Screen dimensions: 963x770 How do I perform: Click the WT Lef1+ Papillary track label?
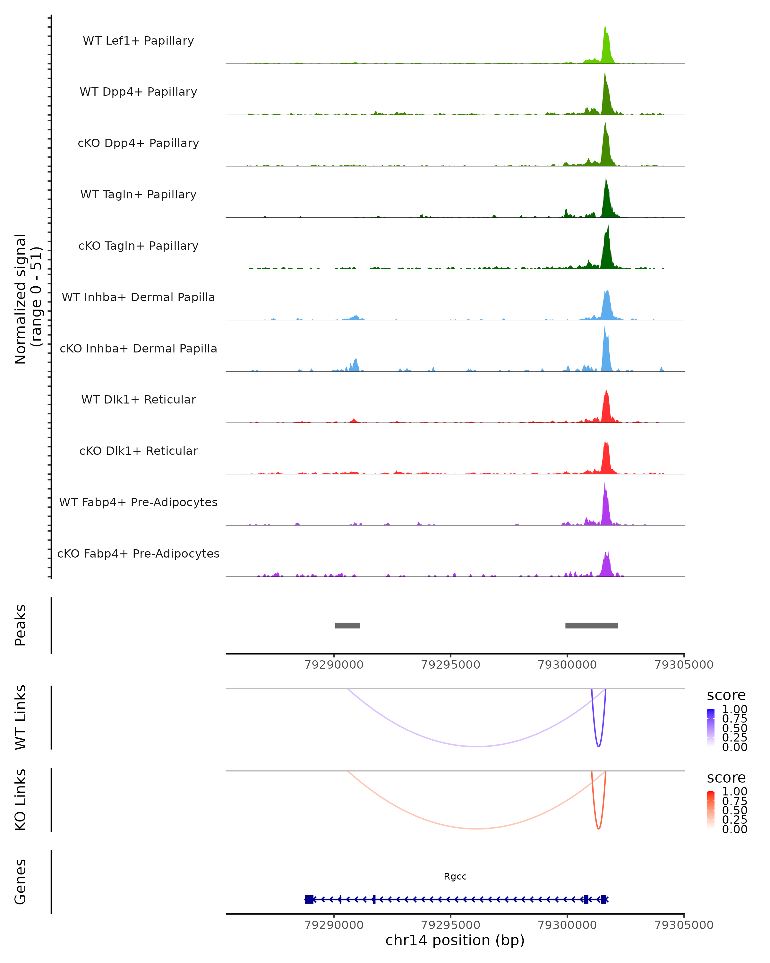pos(138,41)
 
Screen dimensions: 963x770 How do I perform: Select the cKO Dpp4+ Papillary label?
pos(138,143)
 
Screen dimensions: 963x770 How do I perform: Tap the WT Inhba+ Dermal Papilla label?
pos(138,297)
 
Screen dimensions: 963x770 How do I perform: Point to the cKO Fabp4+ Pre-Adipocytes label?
pos(138,553)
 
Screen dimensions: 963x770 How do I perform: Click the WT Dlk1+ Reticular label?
pos(138,399)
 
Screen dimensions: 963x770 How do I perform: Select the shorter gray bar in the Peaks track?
pos(347,625)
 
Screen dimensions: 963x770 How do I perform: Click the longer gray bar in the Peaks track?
pos(591,625)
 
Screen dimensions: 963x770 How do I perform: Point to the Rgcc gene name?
pos(455,876)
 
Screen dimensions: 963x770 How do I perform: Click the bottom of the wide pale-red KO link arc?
pos(477,828)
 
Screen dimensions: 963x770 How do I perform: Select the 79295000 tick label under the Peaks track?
pos(450,665)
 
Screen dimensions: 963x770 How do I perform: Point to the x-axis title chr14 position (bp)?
pos(455,940)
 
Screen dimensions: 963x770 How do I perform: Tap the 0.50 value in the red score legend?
pos(734,810)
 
